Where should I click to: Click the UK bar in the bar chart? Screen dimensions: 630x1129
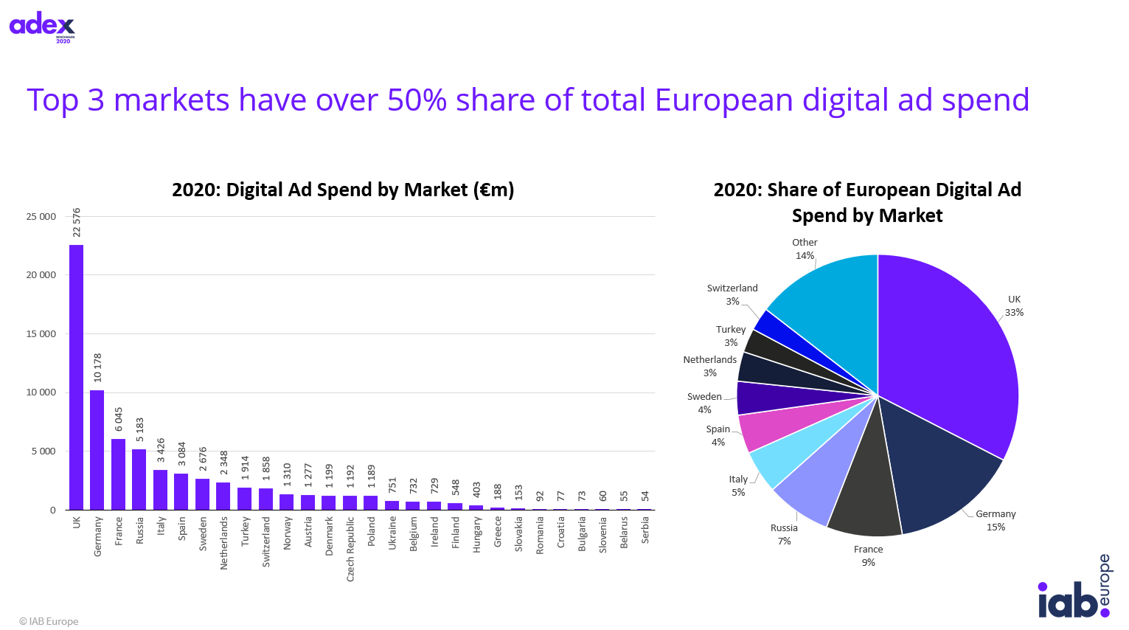point(76,377)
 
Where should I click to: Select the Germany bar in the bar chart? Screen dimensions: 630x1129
point(97,450)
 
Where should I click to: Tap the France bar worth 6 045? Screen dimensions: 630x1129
point(118,474)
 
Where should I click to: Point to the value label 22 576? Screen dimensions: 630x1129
point(77,223)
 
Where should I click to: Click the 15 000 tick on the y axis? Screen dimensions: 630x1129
point(41,334)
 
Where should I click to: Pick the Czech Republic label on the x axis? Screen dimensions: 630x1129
point(350,549)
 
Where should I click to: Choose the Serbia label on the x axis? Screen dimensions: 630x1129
point(645,530)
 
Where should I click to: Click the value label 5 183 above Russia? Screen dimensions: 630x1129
point(140,430)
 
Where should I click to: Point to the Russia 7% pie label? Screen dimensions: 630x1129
point(784,534)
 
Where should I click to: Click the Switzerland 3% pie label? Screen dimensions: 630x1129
point(732,294)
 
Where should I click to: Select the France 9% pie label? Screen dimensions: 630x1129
point(868,555)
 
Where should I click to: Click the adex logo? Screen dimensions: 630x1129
point(42,27)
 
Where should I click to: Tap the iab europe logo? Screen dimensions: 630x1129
point(1074,589)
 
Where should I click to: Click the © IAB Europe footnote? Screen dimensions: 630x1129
point(49,621)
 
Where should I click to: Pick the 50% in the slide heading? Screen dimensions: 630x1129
point(417,100)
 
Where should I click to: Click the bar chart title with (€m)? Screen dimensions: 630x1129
point(343,190)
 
